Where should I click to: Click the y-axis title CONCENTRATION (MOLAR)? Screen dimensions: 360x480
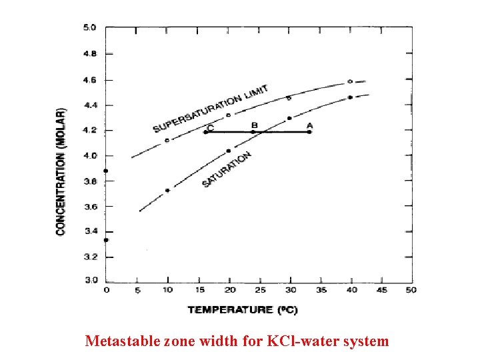[61, 171]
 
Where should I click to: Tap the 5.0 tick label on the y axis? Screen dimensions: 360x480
[89, 28]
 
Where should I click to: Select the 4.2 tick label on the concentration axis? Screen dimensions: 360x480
[89, 130]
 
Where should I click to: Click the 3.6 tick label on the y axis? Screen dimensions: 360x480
[89, 207]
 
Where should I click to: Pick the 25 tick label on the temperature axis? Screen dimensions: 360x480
[261, 290]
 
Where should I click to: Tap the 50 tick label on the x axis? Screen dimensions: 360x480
[411, 290]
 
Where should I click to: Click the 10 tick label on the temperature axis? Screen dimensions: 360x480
[167, 290]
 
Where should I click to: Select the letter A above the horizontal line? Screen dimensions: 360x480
[309, 125]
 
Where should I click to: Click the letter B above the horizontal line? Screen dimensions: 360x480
[254, 125]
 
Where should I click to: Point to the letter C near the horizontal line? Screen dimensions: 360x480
[211, 127]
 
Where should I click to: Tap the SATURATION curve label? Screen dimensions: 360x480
[227, 169]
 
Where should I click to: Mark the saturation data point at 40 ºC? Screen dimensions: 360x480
[350, 97]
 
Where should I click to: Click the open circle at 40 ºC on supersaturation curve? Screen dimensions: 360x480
[350, 81]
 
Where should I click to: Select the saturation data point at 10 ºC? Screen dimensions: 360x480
[167, 190]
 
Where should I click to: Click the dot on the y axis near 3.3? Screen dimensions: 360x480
[106, 240]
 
